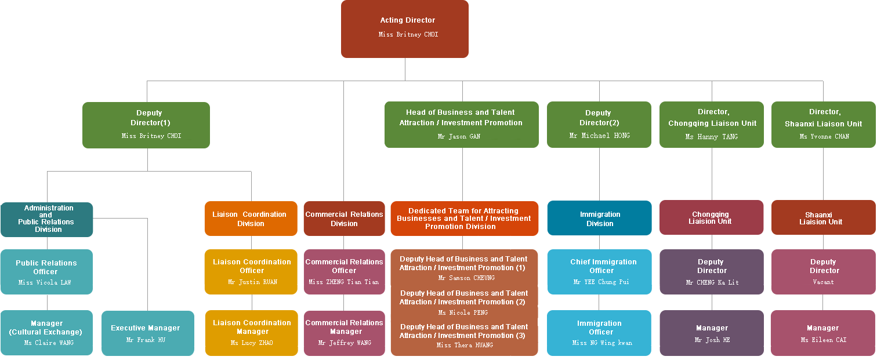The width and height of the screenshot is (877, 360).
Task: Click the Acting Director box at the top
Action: pyautogui.click(x=404, y=29)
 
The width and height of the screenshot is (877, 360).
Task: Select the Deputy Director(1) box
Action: pyautogui.click(x=146, y=124)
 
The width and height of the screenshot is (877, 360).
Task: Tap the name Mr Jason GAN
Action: pyautogui.click(x=458, y=137)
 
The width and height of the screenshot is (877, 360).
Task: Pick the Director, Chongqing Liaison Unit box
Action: pyautogui.click(x=711, y=124)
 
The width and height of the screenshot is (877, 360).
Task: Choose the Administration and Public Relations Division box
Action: pyautogui.click(x=47, y=219)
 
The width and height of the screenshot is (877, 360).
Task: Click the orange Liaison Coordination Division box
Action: pyautogui.click(x=251, y=219)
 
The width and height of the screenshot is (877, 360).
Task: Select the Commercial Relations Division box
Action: pyautogui.click(x=344, y=219)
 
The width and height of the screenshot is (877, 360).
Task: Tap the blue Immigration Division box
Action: pyautogui.click(x=599, y=219)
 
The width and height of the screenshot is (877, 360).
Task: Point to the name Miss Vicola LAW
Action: pyautogui.click(x=46, y=283)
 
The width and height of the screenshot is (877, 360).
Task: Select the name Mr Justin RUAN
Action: pyautogui.click(x=252, y=282)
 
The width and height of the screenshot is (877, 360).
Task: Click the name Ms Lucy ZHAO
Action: pyautogui.click(x=252, y=343)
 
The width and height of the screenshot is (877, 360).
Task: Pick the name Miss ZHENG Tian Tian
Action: pyautogui.click(x=343, y=282)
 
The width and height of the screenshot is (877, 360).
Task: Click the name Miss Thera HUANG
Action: pyautogui.click(x=465, y=346)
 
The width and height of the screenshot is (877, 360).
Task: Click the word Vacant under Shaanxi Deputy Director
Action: pyautogui.click(x=823, y=282)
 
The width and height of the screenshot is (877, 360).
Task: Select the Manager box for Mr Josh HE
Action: pyautogui.click(x=711, y=333)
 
